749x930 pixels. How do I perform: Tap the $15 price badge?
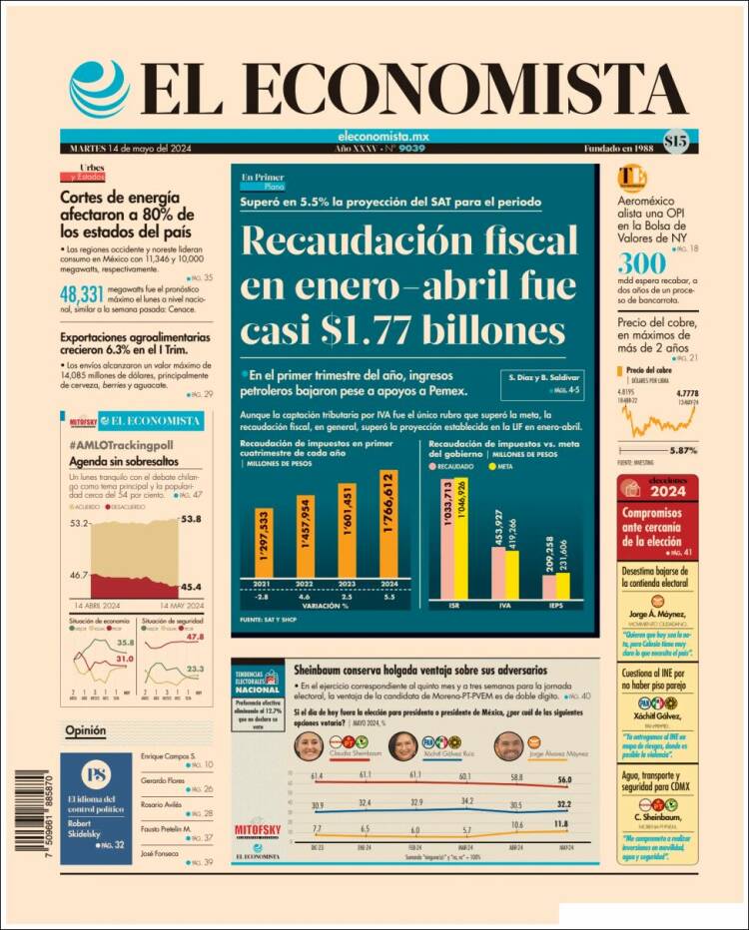(675, 142)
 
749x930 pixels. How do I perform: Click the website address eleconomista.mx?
(383, 137)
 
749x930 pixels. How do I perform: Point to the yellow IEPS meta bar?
(562, 586)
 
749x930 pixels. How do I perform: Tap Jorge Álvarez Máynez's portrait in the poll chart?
(509, 745)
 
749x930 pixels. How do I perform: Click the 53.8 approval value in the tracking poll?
(192, 520)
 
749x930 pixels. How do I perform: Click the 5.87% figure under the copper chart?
(684, 450)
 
